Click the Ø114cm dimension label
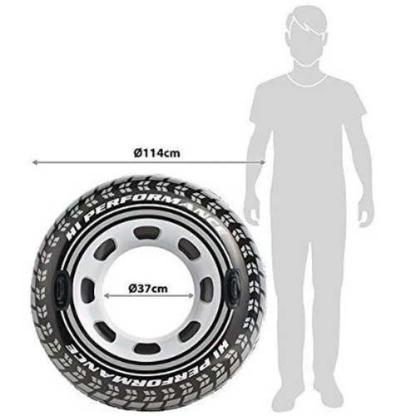157,152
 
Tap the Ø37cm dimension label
148,289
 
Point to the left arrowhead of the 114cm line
35,162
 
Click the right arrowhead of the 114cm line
263,162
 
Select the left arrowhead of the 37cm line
106,296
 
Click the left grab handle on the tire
61,289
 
